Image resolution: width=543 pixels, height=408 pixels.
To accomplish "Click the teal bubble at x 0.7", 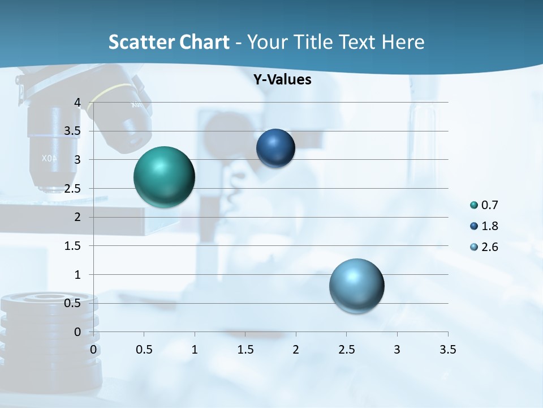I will coord(165,176).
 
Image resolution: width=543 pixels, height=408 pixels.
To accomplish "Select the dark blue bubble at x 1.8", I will coord(275,148).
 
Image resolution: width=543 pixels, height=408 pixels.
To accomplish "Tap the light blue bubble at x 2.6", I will coord(356,286).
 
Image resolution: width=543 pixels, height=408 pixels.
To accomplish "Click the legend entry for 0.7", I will coord(484,205).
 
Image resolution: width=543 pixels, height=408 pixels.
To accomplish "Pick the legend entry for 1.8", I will coord(484,226).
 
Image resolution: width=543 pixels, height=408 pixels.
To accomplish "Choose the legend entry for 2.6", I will coord(484,247).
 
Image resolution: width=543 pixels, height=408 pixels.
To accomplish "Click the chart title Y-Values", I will coord(282,80).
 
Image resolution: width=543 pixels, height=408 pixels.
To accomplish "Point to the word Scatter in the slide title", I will coord(139,42).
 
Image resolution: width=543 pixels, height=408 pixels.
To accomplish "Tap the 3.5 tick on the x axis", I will coord(447,350).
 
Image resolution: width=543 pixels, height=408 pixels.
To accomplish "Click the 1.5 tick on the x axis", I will coord(245,350).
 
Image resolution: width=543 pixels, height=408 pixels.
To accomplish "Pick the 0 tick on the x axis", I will coord(94,350).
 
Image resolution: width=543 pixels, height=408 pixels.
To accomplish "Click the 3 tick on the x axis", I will coord(397,350).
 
